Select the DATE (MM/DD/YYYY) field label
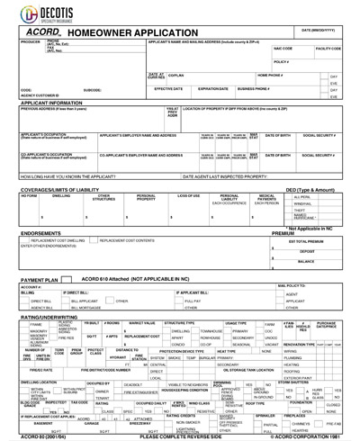[x=320, y=31]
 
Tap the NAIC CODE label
[x=283, y=48]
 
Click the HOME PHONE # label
[x=271, y=76]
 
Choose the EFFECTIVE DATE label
[x=168, y=89]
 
